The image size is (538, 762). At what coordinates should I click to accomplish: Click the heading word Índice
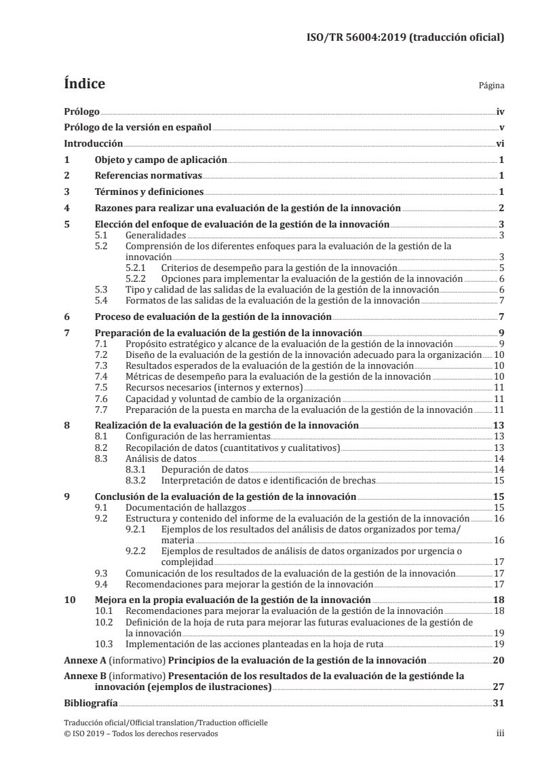tap(84, 84)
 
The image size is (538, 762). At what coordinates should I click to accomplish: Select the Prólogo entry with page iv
tap(81, 111)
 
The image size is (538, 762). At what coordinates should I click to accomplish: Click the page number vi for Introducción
tap(499, 143)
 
